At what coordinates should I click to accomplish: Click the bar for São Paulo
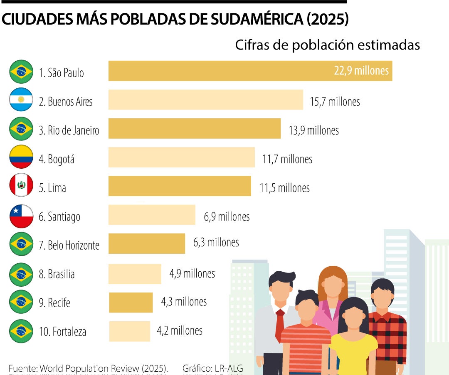tap(249, 71)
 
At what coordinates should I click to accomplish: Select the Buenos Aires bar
tap(206, 100)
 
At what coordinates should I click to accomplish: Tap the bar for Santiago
tap(152, 215)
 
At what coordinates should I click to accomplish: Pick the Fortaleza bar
tap(130, 331)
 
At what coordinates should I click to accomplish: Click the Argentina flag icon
tap(21, 100)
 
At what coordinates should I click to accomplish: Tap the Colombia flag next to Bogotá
tap(21, 157)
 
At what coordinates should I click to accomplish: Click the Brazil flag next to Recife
tap(21, 302)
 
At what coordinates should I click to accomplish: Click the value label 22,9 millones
tap(361, 70)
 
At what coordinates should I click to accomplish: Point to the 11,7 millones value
tap(287, 159)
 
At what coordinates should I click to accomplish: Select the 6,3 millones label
tap(216, 242)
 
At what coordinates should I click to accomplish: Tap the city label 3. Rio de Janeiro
tap(69, 130)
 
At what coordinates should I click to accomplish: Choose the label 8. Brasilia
tap(57, 274)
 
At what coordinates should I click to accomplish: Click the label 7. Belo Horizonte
tap(69, 245)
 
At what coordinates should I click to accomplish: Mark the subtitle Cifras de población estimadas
tap(327, 45)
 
